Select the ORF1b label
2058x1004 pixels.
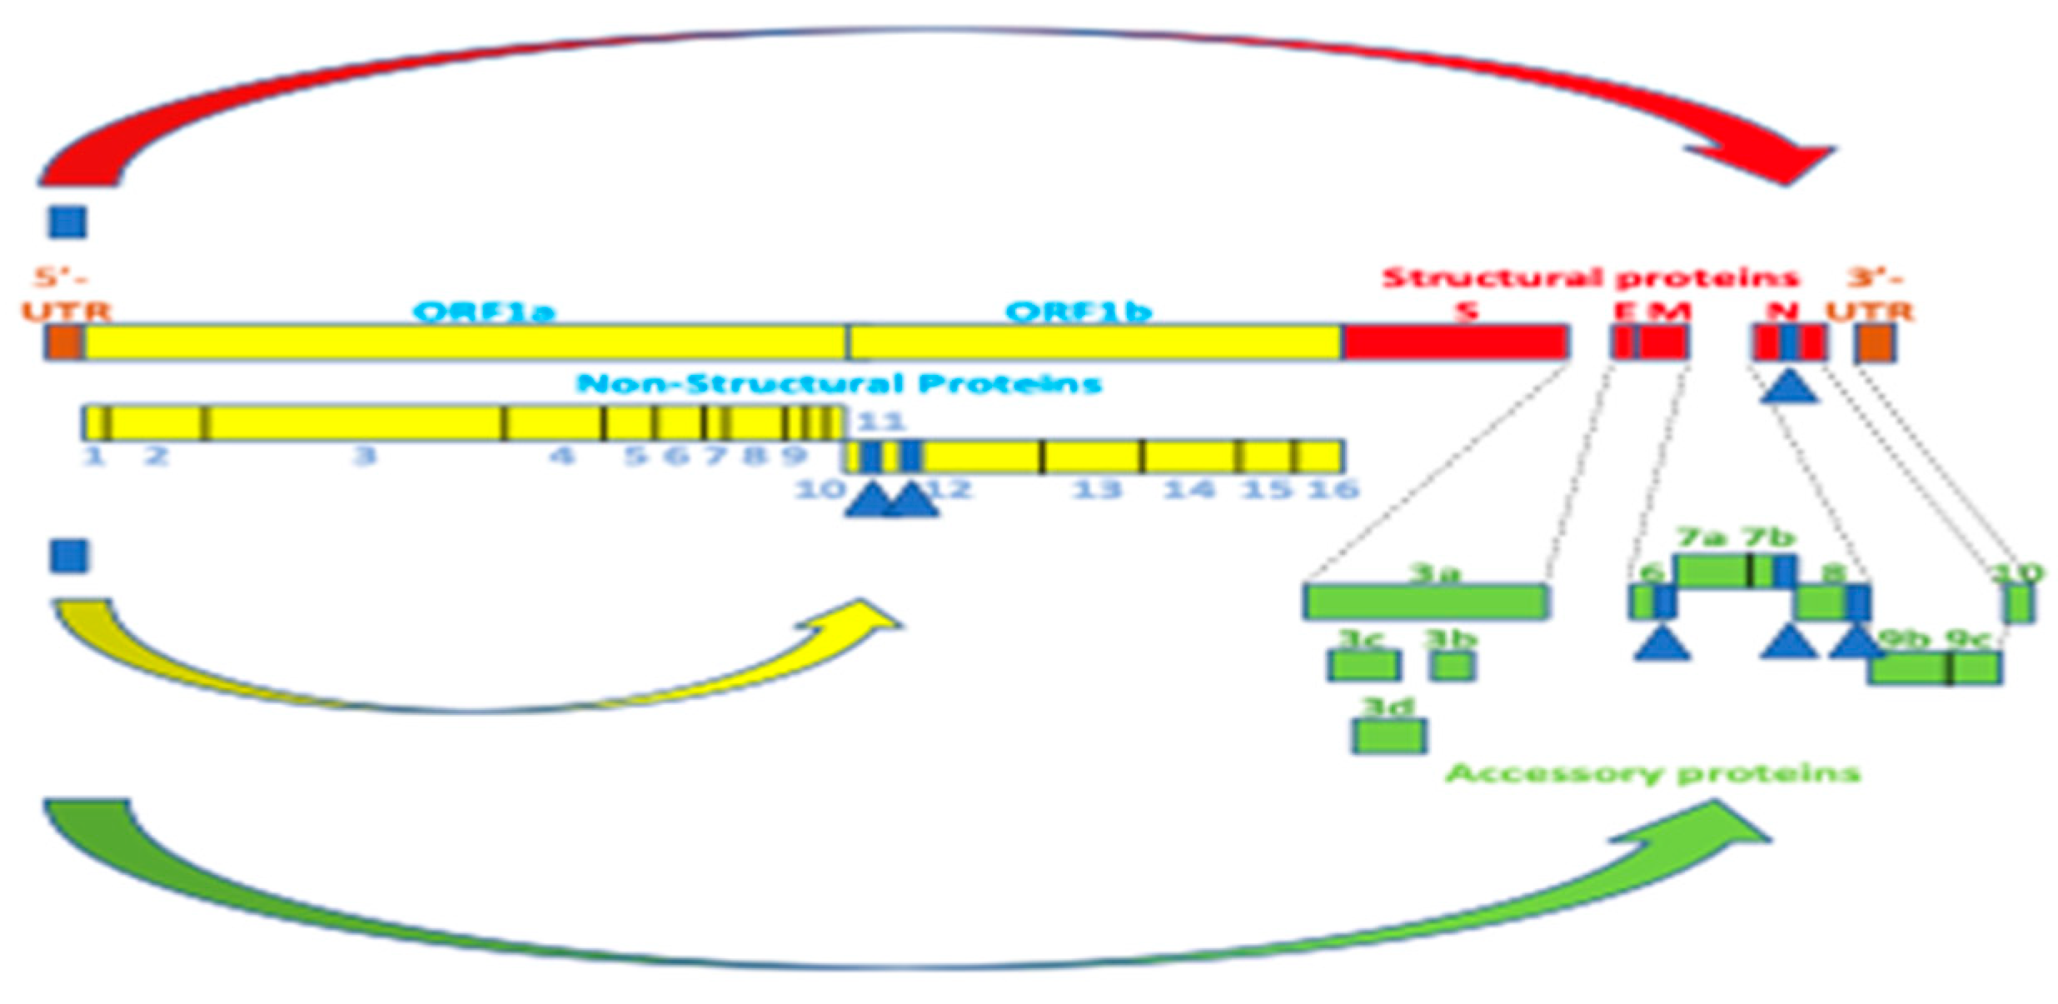[1079, 312]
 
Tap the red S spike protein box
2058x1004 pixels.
[1456, 342]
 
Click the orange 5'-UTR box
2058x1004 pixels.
[63, 342]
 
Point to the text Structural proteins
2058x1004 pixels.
[1590, 277]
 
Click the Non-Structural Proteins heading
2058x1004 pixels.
[839, 383]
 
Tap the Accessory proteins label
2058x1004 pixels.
[1652, 773]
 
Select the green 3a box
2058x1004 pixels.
[1426, 602]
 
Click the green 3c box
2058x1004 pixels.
[1363, 665]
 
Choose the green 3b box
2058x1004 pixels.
[1452, 665]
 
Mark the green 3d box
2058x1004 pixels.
[1388, 735]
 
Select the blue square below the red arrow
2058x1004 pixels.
[67, 222]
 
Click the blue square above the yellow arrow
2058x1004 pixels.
[68, 556]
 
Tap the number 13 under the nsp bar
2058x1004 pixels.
[1096, 489]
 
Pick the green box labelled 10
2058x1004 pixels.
[2017, 603]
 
